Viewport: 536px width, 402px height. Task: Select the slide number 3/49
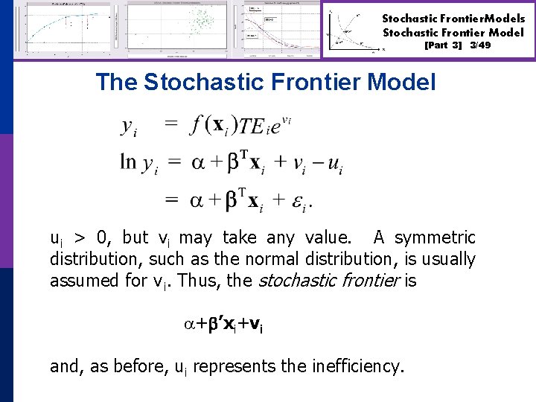(480, 45)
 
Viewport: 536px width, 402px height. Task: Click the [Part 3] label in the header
(443, 45)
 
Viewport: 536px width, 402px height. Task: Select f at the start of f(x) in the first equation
(195, 124)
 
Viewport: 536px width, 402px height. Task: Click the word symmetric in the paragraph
(424, 238)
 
